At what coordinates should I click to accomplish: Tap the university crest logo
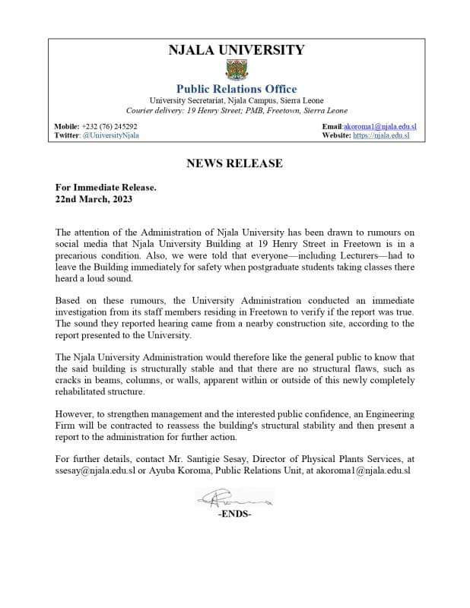click(x=235, y=71)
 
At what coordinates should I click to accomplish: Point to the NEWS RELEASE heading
click(x=234, y=163)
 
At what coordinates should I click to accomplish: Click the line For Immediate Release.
click(x=106, y=187)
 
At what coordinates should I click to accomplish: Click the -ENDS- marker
click(x=234, y=515)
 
